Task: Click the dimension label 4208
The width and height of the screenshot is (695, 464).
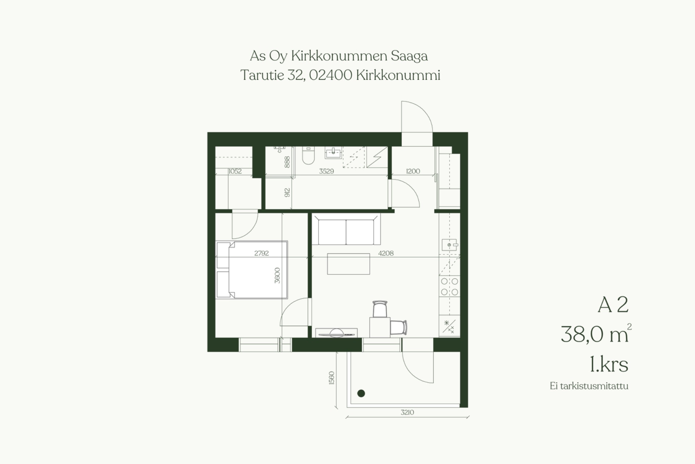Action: point(386,253)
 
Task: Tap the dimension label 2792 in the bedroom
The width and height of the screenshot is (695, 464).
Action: point(261,253)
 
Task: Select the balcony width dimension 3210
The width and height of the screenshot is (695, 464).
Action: point(407,412)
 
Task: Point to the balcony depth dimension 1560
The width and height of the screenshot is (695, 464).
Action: point(332,378)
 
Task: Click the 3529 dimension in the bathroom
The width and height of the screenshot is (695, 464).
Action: point(326,171)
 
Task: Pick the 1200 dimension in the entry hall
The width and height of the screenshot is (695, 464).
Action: point(413,171)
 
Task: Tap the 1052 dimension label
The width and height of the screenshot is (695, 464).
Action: point(235,171)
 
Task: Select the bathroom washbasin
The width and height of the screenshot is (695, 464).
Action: point(333,153)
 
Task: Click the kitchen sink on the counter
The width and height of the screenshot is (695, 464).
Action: point(450,245)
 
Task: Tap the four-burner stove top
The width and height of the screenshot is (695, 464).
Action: point(450,286)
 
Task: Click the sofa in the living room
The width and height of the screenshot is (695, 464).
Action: point(346,229)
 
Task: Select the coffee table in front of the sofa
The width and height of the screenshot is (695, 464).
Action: point(349,264)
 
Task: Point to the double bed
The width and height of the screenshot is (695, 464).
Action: point(252,270)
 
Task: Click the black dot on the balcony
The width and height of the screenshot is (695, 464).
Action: point(361,393)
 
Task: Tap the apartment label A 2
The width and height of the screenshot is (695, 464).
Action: point(613,305)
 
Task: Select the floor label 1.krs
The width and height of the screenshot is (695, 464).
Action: point(609,364)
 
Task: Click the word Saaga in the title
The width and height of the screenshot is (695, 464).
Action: point(409,56)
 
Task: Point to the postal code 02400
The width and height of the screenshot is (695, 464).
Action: point(330,75)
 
